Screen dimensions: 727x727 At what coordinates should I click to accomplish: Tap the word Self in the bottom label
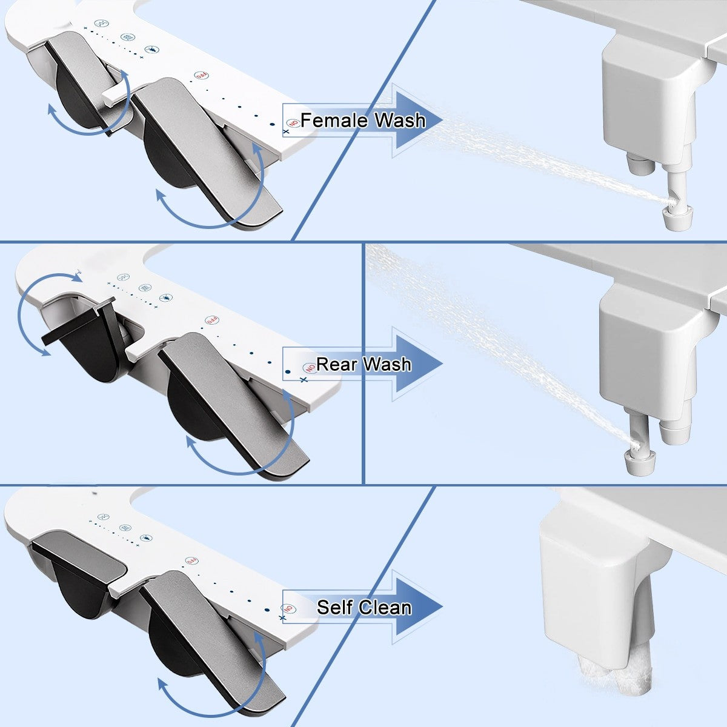[335, 607]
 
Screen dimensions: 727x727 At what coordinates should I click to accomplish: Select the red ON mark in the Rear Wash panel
[310, 367]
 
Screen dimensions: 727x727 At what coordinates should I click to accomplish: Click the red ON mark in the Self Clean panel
[289, 609]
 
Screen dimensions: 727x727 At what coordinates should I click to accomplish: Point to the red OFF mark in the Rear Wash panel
[212, 320]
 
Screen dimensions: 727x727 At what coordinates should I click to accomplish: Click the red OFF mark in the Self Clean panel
[192, 562]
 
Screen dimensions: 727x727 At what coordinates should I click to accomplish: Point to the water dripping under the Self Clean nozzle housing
[612, 679]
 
